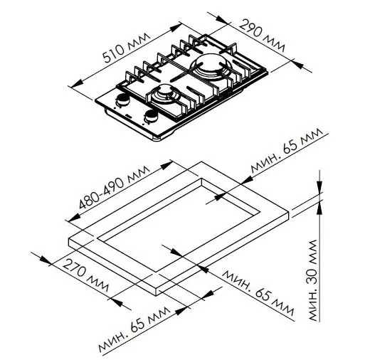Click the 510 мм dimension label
(x=127, y=48)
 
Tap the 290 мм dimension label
(x=261, y=36)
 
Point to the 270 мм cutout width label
(x=85, y=275)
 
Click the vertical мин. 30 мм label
(x=313, y=280)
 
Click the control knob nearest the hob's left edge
(x=122, y=100)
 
